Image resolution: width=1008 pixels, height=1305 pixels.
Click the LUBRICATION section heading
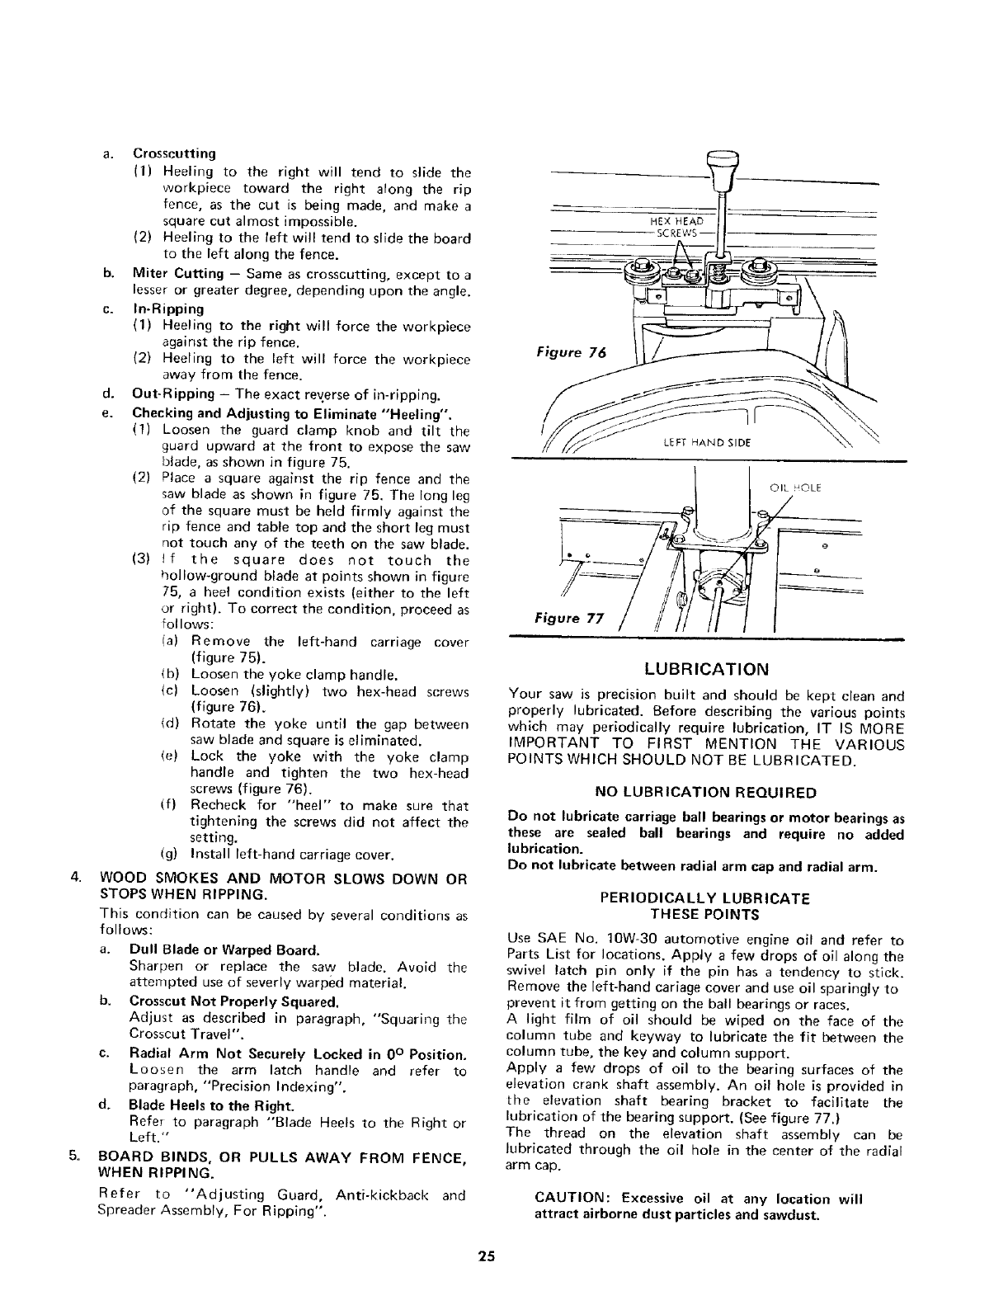coord(707,668)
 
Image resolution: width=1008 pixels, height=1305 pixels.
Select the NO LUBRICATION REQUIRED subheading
coord(706,793)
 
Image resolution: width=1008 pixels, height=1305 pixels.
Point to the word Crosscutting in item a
coord(174,153)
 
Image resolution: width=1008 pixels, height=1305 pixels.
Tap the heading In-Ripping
coord(168,309)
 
